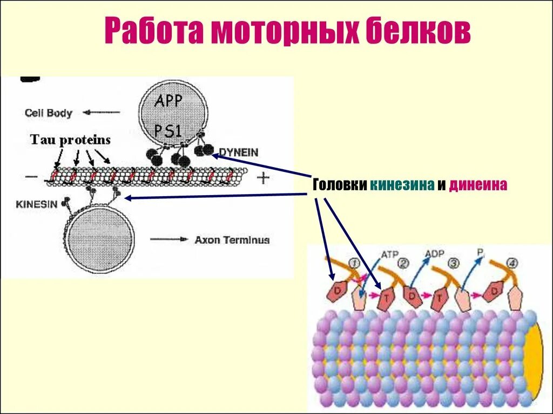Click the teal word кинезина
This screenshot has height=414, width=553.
tap(402, 185)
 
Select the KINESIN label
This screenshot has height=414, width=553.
tap(37, 205)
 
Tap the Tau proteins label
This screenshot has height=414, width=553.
tap(70, 140)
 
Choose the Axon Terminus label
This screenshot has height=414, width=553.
tap(232, 240)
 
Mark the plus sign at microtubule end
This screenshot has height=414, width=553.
tap(263, 178)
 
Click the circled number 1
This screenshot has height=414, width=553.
tap(355, 263)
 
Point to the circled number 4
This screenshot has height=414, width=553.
tap(512, 264)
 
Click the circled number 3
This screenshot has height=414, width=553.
tap(454, 264)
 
